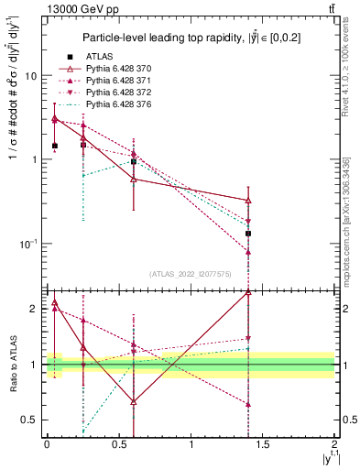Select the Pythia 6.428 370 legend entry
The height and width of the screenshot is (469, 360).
pyautogui.click(x=115, y=69)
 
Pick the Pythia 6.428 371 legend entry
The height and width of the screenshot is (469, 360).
pyautogui.click(x=115, y=81)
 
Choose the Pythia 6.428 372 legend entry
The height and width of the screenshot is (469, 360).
pyautogui.click(x=115, y=93)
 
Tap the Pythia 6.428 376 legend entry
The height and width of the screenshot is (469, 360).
pyautogui.click(x=115, y=104)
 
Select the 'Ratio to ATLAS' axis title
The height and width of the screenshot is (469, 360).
pyautogui.click(x=12, y=364)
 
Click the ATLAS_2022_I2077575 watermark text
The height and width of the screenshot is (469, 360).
pyautogui.click(x=191, y=275)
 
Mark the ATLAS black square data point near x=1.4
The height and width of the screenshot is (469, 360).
pyautogui.click(x=248, y=234)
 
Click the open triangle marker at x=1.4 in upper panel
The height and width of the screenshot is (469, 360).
pyautogui.click(x=248, y=201)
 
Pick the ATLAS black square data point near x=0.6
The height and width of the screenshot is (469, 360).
pyautogui.click(x=134, y=162)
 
